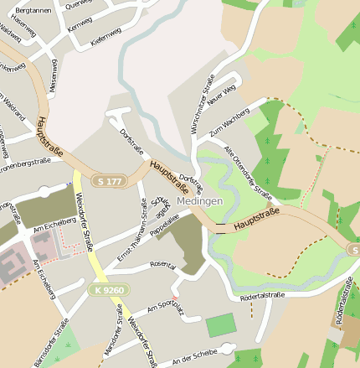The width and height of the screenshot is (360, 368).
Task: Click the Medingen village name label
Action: tap(199, 201)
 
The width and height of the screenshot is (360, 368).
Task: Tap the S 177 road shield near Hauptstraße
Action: tap(111, 181)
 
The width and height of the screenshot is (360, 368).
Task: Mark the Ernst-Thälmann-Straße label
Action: tap(132, 229)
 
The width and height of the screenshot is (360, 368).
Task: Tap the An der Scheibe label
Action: tap(193, 356)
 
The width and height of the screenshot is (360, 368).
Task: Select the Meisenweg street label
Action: tap(53, 75)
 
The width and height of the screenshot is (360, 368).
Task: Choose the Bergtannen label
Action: tap(33, 10)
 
